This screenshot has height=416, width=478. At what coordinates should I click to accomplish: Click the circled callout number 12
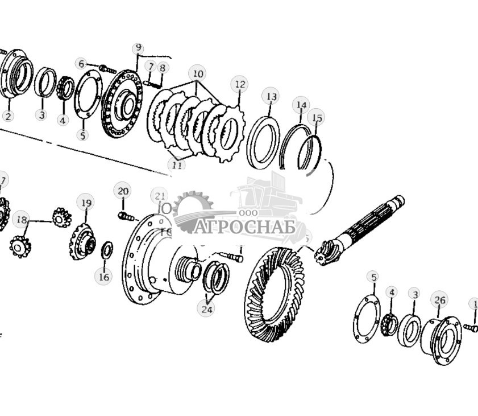tap(239, 85)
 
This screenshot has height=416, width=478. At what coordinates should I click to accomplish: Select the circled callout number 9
tap(138, 48)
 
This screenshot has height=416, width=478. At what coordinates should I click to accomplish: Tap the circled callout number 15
tap(315, 118)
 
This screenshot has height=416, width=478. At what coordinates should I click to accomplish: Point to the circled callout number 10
tap(198, 74)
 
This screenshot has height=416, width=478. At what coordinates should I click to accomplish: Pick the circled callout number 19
tap(86, 203)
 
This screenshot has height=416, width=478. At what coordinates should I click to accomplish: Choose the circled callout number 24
tap(206, 309)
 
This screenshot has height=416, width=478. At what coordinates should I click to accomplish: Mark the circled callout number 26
tap(439, 300)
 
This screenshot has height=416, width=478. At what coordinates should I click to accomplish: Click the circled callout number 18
tap(22, 220)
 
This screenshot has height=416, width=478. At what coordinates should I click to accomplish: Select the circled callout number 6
tap(81, 64)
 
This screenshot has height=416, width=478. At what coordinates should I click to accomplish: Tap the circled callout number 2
tap(7, 116)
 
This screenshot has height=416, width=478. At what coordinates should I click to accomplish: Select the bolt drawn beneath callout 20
tap(126, 217)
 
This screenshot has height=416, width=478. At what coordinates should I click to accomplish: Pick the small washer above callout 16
tap(106, 249)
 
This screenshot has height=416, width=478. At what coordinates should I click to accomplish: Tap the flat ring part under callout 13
tap(264, 142)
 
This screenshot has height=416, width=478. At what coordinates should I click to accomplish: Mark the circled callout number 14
tap(301, 105)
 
